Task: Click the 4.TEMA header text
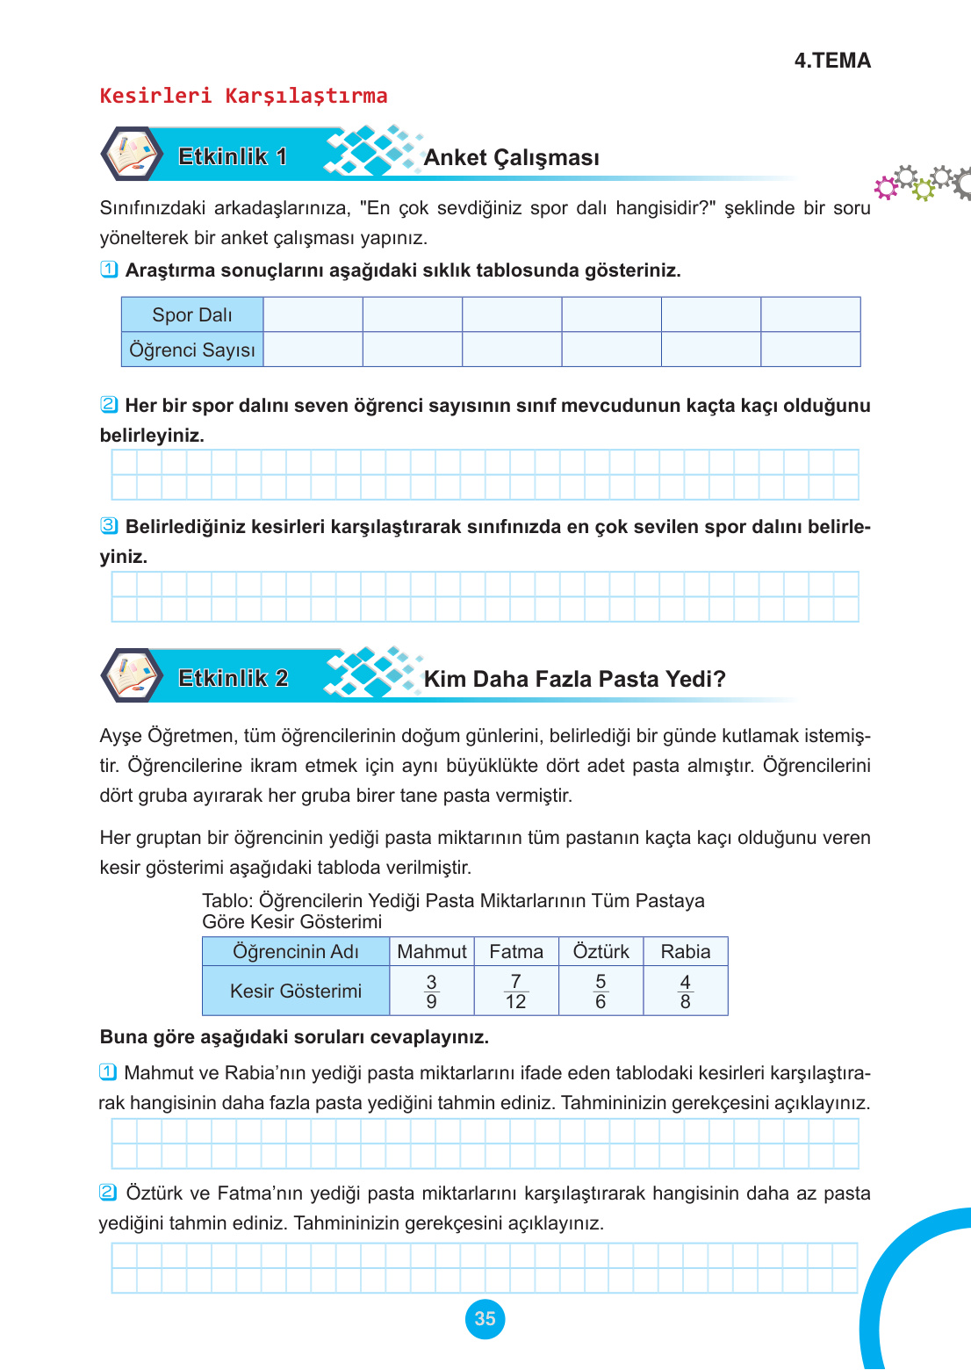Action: pos(831,61)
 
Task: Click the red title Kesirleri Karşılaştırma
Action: pos(243,96)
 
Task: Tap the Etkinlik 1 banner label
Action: pos(233,156)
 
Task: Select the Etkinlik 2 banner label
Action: pos(233,678)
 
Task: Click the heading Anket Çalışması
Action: pos(511,158)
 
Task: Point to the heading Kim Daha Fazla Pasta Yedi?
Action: pos(574,679)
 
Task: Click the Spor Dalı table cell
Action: pos(192,314)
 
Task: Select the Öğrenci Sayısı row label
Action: pos(192,350)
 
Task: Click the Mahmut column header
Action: pos(431,952)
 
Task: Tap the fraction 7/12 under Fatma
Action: pos(515,991)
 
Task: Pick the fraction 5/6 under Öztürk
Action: pos(601,991)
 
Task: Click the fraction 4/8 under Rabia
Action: pos(685,991)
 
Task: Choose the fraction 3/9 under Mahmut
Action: pos(431,991)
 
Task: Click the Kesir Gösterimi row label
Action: pos(296,991)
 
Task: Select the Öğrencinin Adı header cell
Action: pos(296,952)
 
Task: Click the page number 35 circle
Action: pos(485,1319)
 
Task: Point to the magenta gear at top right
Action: pos(886,186)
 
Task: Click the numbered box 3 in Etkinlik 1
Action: pos(109,526)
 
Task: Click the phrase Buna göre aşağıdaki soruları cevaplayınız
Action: pos(294,1037)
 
